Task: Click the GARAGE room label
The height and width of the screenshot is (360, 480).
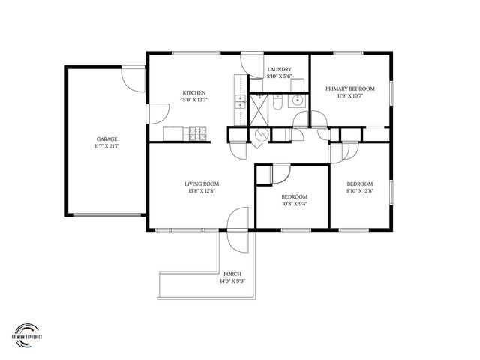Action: click(x=106, y=139)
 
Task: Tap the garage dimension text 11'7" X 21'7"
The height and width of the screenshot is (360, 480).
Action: click(x=106, y=147)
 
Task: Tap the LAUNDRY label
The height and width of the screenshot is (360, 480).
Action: click(x=279, y=70)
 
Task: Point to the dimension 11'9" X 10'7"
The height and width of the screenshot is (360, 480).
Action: click(x=350, y=96)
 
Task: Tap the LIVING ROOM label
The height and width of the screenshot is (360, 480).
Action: click(x=201, y=184)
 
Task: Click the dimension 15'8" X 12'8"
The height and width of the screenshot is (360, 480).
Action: click(x=201, y=192)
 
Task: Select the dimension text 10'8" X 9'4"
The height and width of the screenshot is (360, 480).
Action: click(x=294, y=204)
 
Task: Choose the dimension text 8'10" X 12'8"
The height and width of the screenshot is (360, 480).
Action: click(x=359, y=192)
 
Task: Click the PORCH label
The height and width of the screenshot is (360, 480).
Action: click(x=232, y=274)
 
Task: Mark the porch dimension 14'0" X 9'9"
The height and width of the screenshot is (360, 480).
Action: click(x=232, y=282)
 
